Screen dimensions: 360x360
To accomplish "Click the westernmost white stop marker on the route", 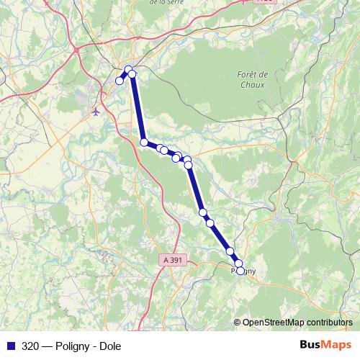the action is pos(120,81).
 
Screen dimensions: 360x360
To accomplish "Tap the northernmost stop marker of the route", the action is pos(128,70).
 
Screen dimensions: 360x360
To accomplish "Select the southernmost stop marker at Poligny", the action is pos(240,271).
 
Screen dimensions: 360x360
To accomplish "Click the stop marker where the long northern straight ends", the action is pos(144,143).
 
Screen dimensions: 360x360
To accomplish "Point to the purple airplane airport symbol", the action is pos(97,112).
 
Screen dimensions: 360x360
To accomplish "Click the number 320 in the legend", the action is pos(30,346).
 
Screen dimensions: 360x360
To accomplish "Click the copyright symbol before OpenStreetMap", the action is pos(238,323).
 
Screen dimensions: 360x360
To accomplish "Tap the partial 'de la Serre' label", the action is pos(164,2).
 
